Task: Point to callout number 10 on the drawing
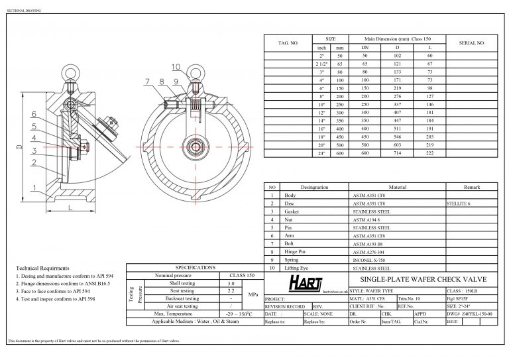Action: tap(176, 67)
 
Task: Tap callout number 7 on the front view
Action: tap(147, 82)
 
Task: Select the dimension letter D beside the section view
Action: tap(20, 146)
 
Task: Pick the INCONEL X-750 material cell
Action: tap(371, 260)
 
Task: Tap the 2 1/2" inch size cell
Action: tap(322, 64)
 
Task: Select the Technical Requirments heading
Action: tap(42, 268)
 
